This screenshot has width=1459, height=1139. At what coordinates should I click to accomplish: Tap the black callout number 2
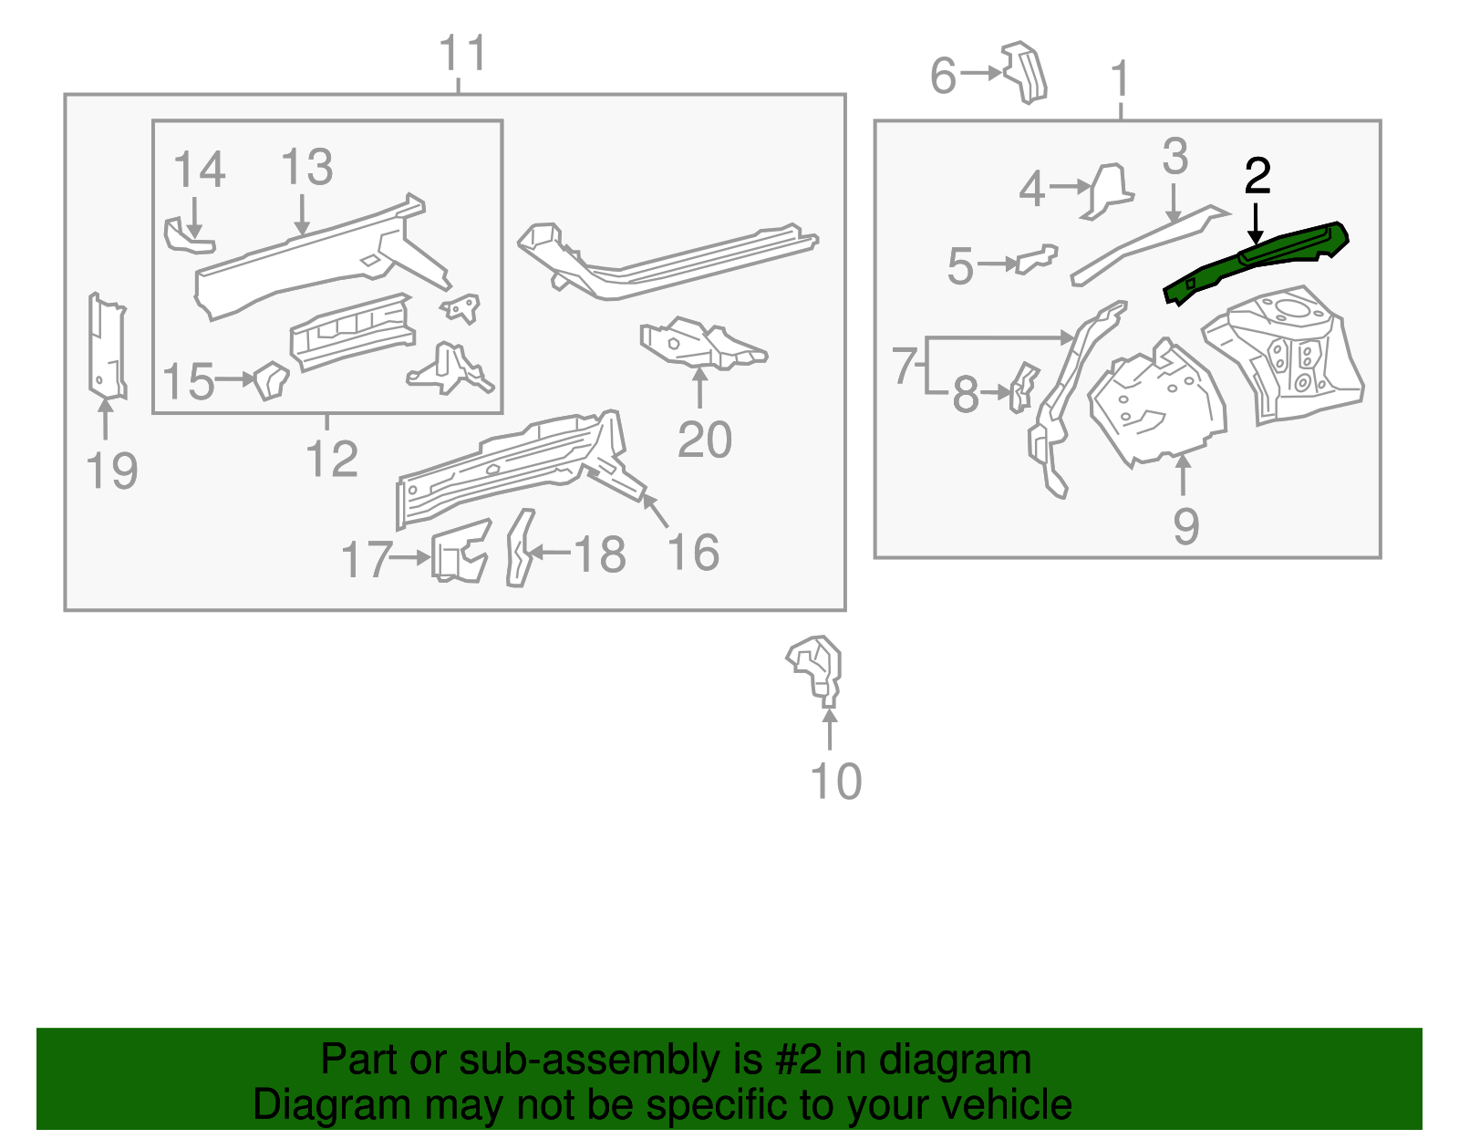1257,176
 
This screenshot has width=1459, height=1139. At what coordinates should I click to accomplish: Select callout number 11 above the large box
463,54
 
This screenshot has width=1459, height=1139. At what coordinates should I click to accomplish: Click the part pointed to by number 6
1025,72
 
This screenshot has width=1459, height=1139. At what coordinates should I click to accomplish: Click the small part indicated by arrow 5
1038,259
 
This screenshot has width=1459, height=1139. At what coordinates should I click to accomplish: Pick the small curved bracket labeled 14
187,236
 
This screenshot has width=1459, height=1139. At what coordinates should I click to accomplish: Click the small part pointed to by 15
271,379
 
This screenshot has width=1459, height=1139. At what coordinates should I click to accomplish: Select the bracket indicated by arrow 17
460,552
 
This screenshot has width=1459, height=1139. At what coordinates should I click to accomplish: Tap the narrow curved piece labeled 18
521,548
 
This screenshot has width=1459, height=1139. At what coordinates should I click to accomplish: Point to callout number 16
693,553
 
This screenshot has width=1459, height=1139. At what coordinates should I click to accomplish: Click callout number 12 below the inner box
331,459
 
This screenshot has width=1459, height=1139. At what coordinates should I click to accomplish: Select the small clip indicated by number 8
1023,387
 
